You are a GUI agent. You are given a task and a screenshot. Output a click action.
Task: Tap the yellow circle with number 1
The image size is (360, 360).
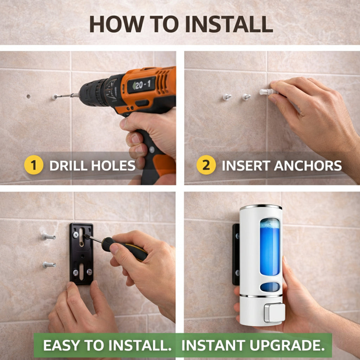(x=34, y=165)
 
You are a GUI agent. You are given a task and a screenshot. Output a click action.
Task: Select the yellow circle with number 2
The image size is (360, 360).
(x=206, y=165)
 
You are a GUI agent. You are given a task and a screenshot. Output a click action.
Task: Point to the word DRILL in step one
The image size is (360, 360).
(x=69, y=166)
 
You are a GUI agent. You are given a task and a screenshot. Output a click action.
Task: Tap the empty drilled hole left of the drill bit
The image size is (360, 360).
(x=28, y=96)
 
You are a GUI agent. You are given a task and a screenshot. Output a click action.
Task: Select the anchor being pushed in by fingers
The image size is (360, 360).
(x=268, y=92)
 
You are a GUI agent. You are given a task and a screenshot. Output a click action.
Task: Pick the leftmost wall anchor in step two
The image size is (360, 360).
(x=227, y=97)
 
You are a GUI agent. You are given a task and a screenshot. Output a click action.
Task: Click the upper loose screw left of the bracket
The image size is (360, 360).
(x=49, y=237)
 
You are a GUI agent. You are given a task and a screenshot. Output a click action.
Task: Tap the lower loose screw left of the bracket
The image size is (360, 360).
(x=49, y=265)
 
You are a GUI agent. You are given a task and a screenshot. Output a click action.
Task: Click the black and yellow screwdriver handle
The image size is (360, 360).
(x=124, y=249)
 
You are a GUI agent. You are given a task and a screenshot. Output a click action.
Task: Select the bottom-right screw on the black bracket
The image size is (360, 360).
(x=89, y=272)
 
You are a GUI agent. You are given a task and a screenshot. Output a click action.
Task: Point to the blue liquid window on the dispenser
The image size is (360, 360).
(x=270, y=246)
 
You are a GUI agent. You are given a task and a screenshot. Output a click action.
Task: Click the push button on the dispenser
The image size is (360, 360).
(x=274, y=313)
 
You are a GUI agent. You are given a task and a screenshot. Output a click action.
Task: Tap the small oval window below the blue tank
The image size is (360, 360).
(x=270, y=287)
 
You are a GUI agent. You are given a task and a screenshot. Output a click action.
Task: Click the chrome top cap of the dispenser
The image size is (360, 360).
(x=261, y=207)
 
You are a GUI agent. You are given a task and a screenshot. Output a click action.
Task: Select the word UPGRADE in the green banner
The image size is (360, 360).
(x=287, y=345)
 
